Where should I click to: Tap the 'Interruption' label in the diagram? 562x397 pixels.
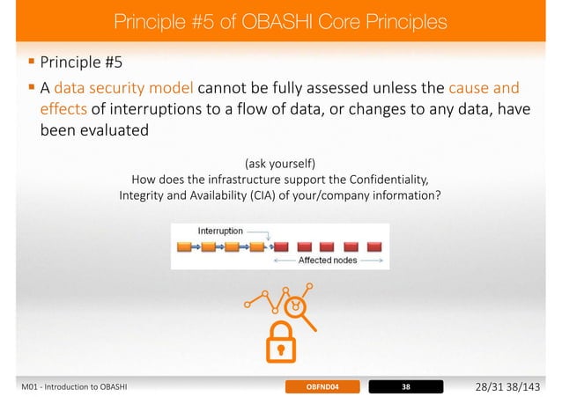(x=220, y=231)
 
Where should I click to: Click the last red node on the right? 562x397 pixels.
(x=374, y=246)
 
